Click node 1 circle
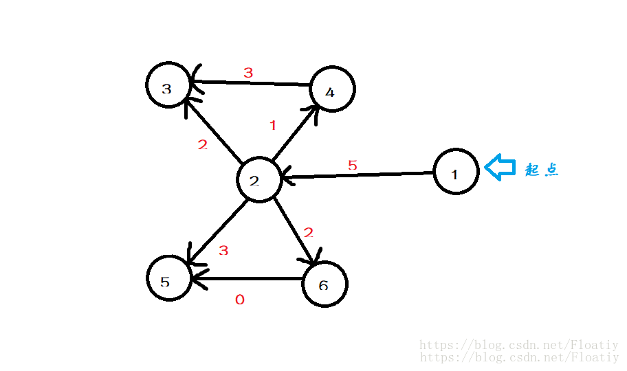coord(456,172)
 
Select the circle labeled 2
coord(258,181)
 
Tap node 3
coord(168,86)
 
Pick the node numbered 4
coord(332,89)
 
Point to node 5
coord(168,278)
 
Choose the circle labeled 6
coord(325,284)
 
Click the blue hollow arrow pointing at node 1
coord(500,167)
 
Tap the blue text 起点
coord(542,170)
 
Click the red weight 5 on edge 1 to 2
coord(353,166)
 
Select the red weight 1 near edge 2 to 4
coord(273,126)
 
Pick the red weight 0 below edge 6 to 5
coord(239,300)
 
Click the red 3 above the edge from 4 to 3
coord(248,72)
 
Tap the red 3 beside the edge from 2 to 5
coord(223,250)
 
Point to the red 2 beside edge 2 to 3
coord(202,145)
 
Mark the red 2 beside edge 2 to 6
coord(309,232)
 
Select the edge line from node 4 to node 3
coord(251,83)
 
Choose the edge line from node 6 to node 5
coord(247,279)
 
